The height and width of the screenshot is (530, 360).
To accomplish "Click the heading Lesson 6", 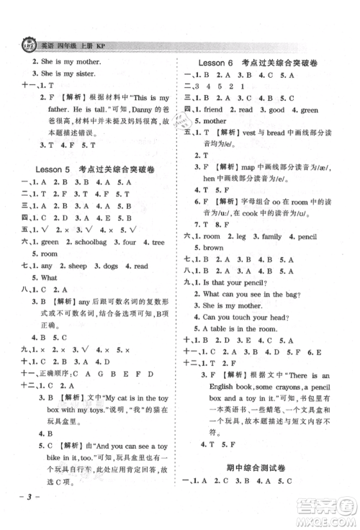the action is click(x=220, y=63).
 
